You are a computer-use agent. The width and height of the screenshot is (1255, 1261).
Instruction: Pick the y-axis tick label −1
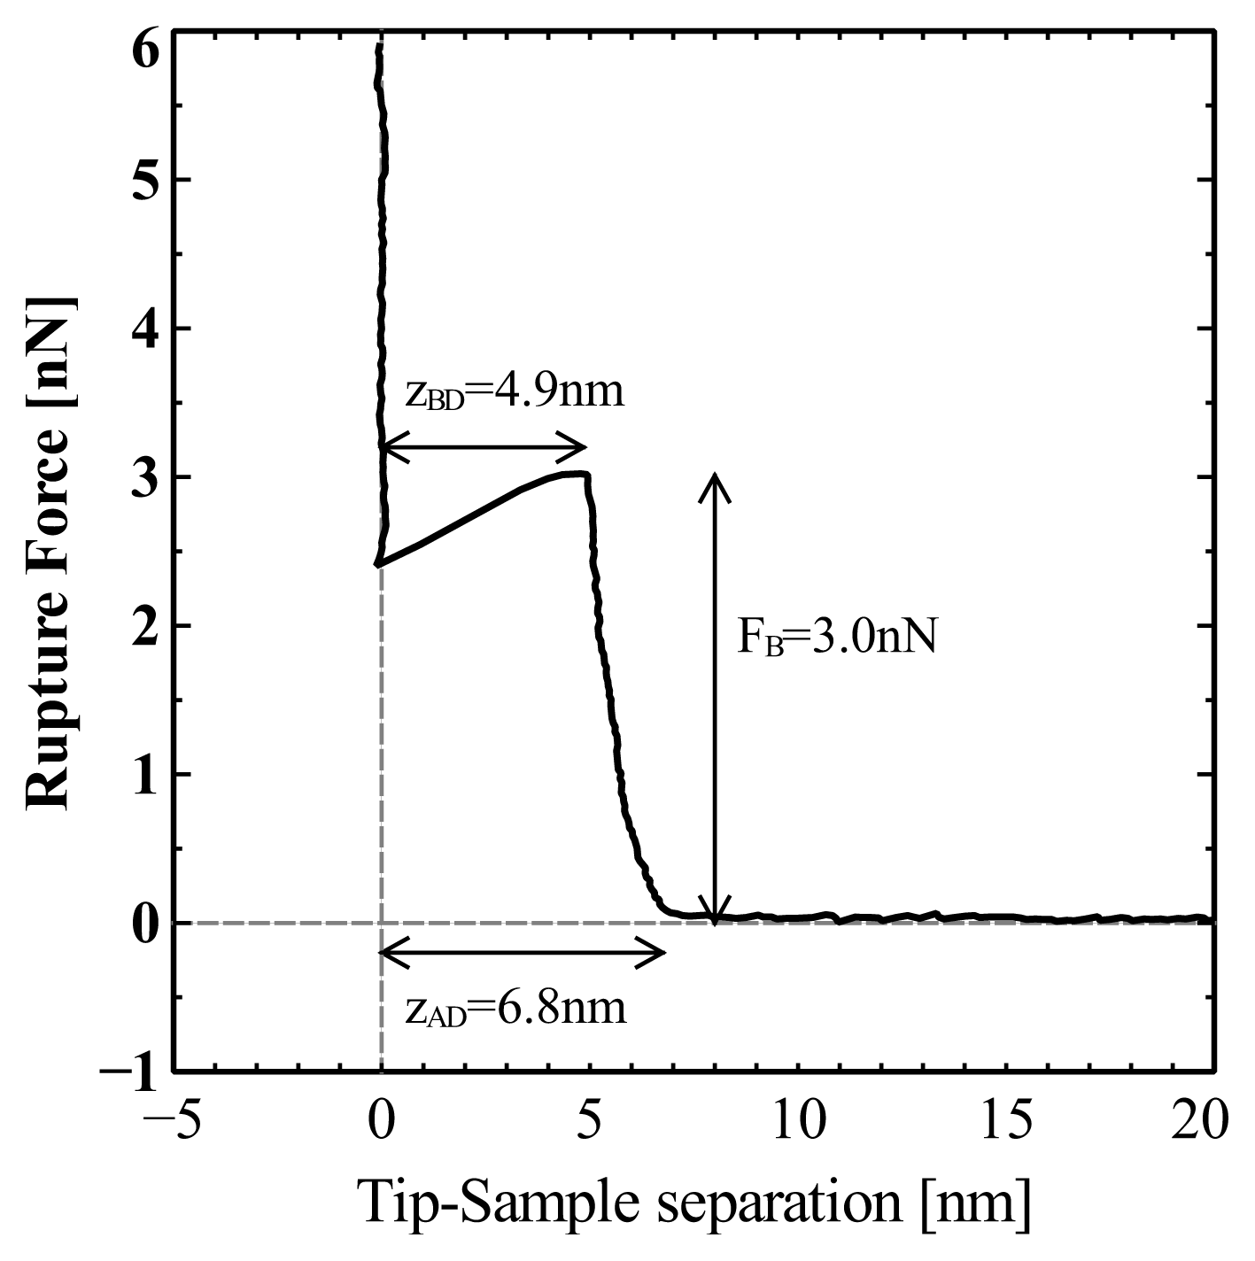(x=130, y=1071)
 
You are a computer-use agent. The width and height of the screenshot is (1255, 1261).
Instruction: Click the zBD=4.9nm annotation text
(x=515, y=392)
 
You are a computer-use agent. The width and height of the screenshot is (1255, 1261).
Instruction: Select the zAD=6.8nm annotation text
(x=515, y=1009)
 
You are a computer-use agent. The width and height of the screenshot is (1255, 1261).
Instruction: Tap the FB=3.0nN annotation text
(x=837, y=638)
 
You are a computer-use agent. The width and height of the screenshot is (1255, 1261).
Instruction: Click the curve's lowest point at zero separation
(x=377, y=564)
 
